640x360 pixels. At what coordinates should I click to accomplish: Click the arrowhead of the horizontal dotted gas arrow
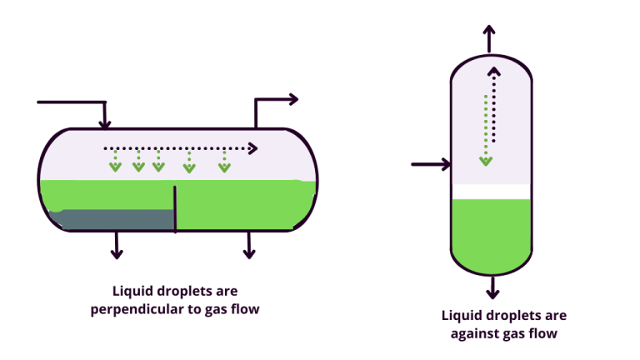point(252,148)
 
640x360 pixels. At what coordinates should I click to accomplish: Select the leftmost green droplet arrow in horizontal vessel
point(115,167)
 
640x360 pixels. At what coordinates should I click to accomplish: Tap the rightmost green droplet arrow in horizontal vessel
point(224,167)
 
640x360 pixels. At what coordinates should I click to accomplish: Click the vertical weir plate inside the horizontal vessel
point(175,208)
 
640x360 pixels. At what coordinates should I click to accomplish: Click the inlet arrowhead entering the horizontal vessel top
point(105,124)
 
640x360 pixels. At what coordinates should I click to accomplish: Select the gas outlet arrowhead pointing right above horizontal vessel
point(293,99)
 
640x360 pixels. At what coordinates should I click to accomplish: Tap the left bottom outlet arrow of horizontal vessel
point(117,252)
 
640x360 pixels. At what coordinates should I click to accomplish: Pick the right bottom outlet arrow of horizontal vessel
point(248,252)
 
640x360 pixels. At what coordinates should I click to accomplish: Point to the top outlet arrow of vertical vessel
point(490,32)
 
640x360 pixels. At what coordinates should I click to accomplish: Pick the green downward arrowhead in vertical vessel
point(486,160)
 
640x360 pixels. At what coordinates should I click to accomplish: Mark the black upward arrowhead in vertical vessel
point(494,72)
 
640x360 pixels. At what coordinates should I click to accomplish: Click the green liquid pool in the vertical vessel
point(491,233)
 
